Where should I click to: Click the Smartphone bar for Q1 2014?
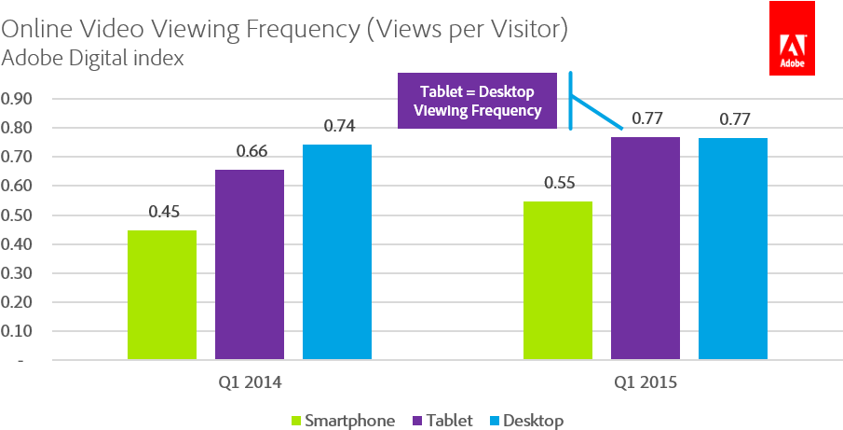point(162,295)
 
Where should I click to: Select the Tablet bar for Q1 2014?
point(250,264)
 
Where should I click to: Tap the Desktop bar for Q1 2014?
point(337,252)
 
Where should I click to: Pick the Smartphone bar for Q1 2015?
point(558,280)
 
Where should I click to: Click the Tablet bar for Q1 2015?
point(646,248)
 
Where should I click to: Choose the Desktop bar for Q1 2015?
point(733,248)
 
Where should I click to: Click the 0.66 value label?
point(250,151)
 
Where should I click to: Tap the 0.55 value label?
point(558,182)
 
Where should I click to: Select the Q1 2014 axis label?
point(250,382)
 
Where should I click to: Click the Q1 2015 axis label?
point(646,382)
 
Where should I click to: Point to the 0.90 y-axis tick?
point(18,98)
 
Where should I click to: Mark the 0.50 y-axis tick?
point(18,215)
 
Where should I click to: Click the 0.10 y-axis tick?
point(18,331)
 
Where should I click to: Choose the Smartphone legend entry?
point(344,421)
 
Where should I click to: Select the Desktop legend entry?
point(524,421)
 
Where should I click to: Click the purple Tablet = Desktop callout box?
point(477,101)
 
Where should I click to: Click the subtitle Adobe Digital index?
point(93,59)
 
